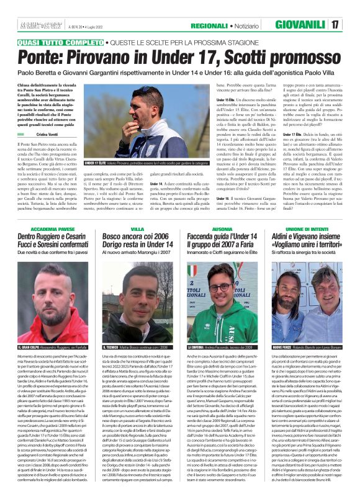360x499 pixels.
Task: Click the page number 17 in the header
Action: pyautogui.click(x=351, y=25)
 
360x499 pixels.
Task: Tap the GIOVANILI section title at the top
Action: pyautogui.click(x=300, y=25)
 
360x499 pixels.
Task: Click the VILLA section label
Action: pyautogui.click(x=138, y=230)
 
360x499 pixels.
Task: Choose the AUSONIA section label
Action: pyautogui.click(x=222, y=230)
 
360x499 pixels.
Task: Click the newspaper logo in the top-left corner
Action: pyautogui.click(x=34, y=25)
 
